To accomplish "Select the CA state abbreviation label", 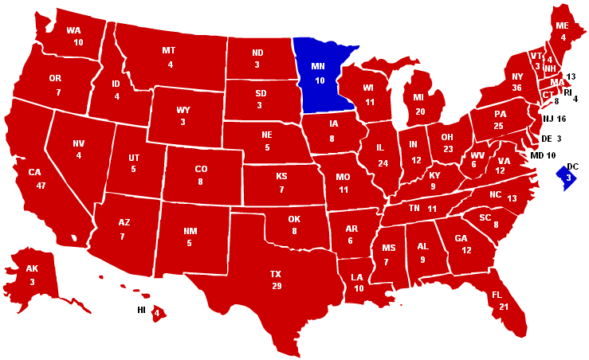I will pyautogui.click(x=34, y=172).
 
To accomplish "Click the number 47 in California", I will pyautogui.click(x=41, y=186).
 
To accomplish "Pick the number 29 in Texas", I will pyautogui.click(x=276, y=285).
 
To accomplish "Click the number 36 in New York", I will pyautogui.click(x=516, y=88).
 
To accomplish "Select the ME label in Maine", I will pyautogui.click(x=562, y=26).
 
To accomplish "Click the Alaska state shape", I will pyautogui.click(x=32, y=275).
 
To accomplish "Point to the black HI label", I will pyautogui.click(x=142, y=310).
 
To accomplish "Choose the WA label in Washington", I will pyautogui.click(x=73, y=30).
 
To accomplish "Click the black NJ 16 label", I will pyautogui.click(x=554, y=119).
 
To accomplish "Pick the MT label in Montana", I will pyautogui.click(x=168, y=51).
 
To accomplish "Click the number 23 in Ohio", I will pyautogui.click(x=447, y=149).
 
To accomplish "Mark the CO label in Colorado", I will pyautogui.click(x=202, y=170).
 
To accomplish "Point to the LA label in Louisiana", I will pyautogui.click(x=357, y=277).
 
